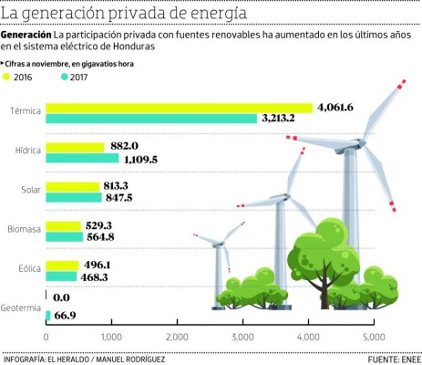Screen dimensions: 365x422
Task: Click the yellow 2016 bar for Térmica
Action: (179, 108)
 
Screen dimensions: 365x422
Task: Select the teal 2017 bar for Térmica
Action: (151, 119)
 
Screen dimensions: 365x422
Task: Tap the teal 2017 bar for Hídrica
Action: (82, 158)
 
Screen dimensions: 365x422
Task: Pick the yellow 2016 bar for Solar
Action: (72, 187)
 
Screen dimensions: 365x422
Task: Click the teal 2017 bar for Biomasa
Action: (64, 237)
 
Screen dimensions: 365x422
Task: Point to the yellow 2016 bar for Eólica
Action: (62, 266)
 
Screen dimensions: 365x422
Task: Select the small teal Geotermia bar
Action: (48, 316)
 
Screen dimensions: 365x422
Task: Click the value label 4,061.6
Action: (336, 108)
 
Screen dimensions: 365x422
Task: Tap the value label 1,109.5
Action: (141, 160)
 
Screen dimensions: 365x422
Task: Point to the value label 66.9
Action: (65, 316)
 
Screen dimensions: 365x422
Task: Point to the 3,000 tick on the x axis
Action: (243, 337)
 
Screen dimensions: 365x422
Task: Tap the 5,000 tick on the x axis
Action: (374, 337)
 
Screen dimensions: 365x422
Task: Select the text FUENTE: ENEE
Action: (394, 359)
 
